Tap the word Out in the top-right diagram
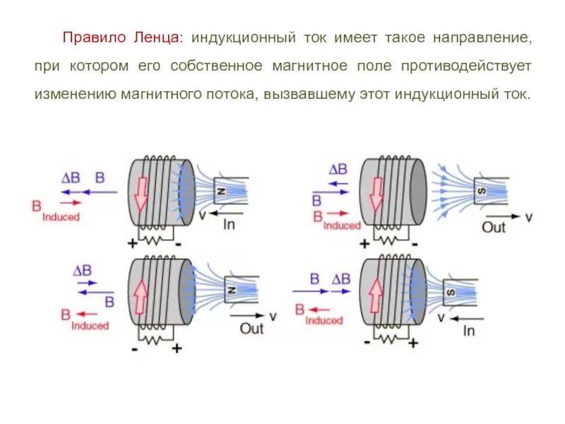pos(494,227)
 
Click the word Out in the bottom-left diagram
pos(251,329)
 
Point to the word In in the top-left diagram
pos(229,225)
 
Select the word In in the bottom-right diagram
pos(468,329)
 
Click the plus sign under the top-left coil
pos(131,245)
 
